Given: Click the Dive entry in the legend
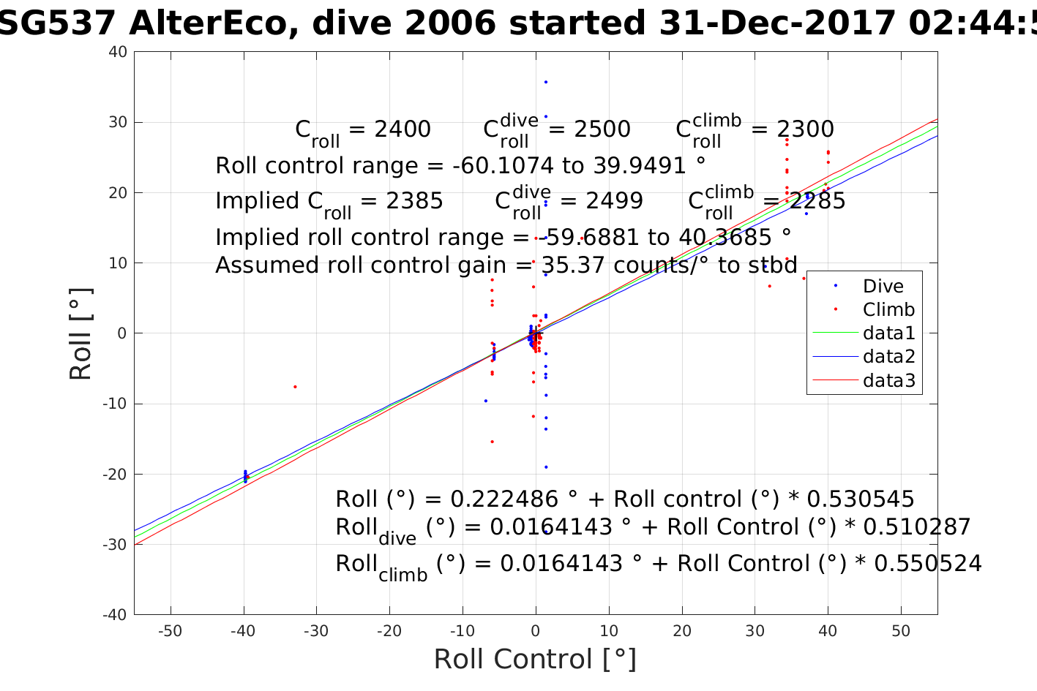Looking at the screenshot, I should coord(883,286).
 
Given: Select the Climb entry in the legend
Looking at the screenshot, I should coord(888,309).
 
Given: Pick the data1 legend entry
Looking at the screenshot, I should coord(888,333).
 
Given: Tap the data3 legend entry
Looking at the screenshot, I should coord(888,380).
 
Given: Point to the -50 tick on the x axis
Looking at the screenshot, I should coord(170,631).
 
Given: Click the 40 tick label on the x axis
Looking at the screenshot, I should coord(828,631).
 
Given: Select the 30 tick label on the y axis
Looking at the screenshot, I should coord(118,122).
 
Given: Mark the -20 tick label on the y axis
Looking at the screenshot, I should coord(115,474).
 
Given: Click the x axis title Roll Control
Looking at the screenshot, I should coord(535,660).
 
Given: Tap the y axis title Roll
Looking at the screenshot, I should coord(81,333).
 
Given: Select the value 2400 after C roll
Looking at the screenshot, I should coord(403,129).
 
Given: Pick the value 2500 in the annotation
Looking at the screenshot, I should coord(602,129).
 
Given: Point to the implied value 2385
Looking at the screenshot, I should coord(415,201).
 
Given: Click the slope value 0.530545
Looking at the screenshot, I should coord(861,499).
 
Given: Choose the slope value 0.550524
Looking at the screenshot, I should coord(928,563).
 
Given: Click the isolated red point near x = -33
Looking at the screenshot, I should coord(295,386).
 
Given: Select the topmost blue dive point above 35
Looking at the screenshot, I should coord(546,82).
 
